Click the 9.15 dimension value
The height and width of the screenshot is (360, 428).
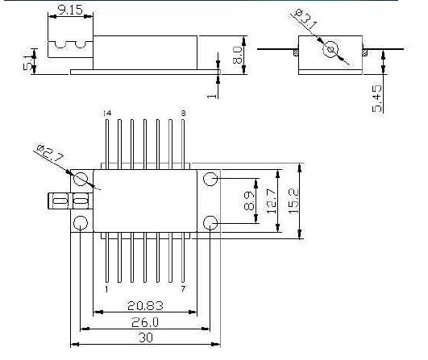pyautogui.click(x=70, y=10)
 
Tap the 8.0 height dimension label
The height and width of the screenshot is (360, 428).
pyautogui.click(x=237, y=55)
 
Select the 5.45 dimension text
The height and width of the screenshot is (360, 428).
pyautogui.click(x=376, y=99)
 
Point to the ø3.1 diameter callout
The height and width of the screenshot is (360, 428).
pyautogui.click(x=306, y=19)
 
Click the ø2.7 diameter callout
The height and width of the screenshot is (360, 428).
pyautogui.click(x=51, y=153)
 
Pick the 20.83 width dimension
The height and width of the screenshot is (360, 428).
pyautogui.click(x=145, y=306)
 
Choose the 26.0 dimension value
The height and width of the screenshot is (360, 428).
pyautogui.click(x=144, y=323)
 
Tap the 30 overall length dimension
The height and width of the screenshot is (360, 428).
pyautogui.click(x=146, y=337)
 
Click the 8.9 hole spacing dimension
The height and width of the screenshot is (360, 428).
pyautogui.click(x=249, y=201)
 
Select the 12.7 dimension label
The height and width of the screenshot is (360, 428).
pyautogui.click(x=272, y=201)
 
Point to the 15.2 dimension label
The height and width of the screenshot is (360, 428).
pyautogui.click(x=293, y=201)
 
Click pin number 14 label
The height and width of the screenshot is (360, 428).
pyautogui.click(x=107, y=113)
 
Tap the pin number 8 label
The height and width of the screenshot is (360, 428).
pyautogui.click(x=183, y=113)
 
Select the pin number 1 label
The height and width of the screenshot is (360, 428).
pyautogui.click(x=106, y=289)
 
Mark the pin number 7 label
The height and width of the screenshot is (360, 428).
pyautogui.click(x=183, y=288)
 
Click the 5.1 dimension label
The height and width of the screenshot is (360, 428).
pyautogui.click(x=28, y=63)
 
